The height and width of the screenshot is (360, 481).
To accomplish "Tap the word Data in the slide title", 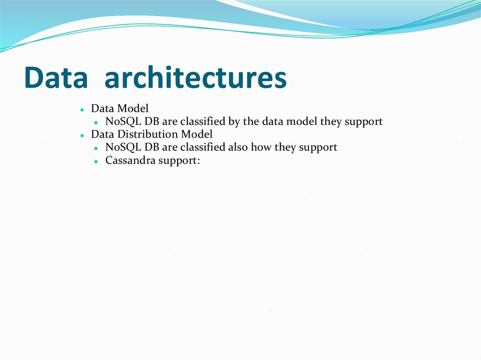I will click(x=55, y=78).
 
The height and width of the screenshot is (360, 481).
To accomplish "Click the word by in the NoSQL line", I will click(x=234, y=122).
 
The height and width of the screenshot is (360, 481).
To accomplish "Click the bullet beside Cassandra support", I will click(x=96, y=161).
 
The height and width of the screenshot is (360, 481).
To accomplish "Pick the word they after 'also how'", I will click(x=286, y=147).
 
